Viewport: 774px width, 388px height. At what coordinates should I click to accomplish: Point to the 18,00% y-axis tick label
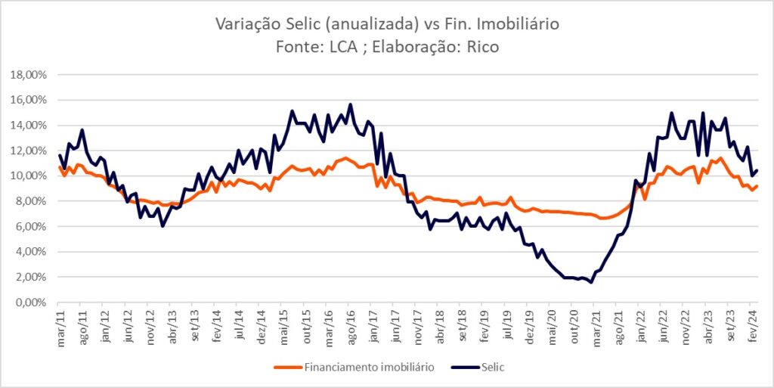[x=29, y=75]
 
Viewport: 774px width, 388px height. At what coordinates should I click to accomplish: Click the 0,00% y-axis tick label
[x=31, y=303]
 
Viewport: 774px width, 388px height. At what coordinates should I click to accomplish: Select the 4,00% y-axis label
[x=31, y=252]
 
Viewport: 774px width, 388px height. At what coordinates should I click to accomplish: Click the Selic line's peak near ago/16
[x=350, y=104]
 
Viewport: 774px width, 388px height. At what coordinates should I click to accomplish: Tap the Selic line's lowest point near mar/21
[x=591, y=282]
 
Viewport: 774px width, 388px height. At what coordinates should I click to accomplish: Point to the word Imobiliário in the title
[x=520, y=24]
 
